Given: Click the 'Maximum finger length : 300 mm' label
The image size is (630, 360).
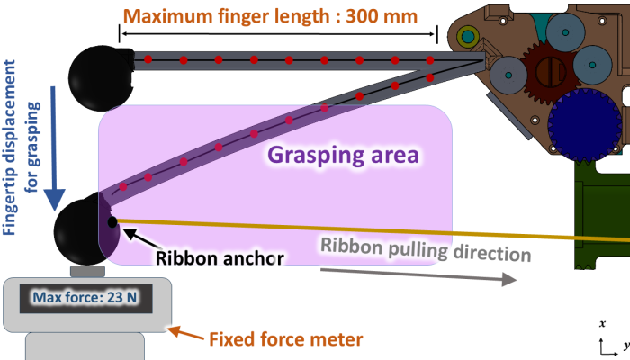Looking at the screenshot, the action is [x=270, y=16].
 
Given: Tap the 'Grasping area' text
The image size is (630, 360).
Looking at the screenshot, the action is [x=343, y=155].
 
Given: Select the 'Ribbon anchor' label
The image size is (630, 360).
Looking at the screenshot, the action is [x=220, y=258].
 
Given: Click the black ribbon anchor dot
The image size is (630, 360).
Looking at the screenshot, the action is [x=112, y=221].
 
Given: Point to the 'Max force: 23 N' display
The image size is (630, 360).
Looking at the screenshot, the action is [x=85, y=298].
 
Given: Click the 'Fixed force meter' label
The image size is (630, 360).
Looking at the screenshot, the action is [x=286, y=339].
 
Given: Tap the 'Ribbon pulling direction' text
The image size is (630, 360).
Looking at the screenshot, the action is [x=426, y=249].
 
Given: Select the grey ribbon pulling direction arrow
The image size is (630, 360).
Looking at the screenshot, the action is [x=418, y=274].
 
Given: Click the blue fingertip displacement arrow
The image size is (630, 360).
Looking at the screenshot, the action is [x=54, y=148].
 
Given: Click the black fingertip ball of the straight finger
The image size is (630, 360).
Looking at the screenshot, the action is [x=101, y=78].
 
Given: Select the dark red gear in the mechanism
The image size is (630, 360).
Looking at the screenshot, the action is [x=550, y=72].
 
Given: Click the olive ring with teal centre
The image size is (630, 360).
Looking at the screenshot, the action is [x=467, y=37].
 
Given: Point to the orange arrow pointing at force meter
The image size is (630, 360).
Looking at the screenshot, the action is [x=185, y=333].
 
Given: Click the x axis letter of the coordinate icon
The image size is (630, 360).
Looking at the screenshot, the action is [x=602, y=324].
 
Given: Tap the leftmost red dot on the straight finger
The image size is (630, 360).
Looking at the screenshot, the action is [x=148, y=59].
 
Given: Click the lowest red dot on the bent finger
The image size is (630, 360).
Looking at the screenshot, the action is [x=123, y=187].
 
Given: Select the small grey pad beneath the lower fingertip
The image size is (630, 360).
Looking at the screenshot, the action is [x=87, y=271].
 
